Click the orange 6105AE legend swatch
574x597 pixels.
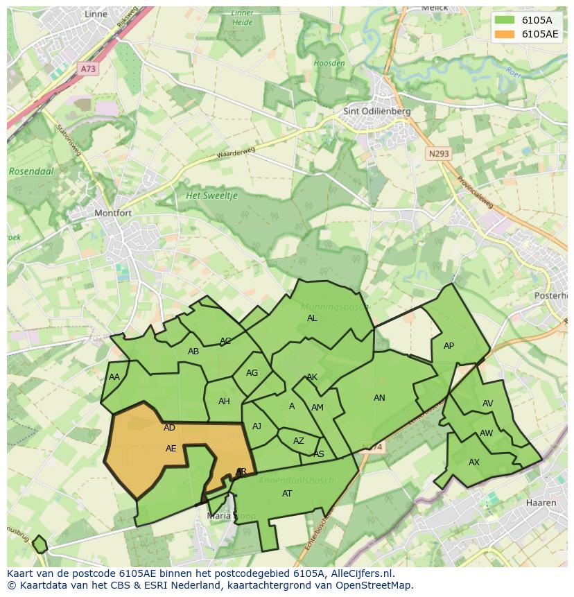505,34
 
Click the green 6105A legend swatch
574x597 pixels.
505,20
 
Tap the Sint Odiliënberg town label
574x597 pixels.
377,111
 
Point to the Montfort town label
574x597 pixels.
112,213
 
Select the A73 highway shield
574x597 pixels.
88,69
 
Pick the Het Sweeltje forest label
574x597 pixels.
211,196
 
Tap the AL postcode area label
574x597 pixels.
312,318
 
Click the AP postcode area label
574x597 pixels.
449,346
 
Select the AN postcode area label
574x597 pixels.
379,398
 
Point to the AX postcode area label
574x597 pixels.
474,462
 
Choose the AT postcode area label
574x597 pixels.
287,494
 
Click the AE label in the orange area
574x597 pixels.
171,449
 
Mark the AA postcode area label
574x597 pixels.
114,377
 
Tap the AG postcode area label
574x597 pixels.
252,373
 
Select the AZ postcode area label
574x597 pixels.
298,441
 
